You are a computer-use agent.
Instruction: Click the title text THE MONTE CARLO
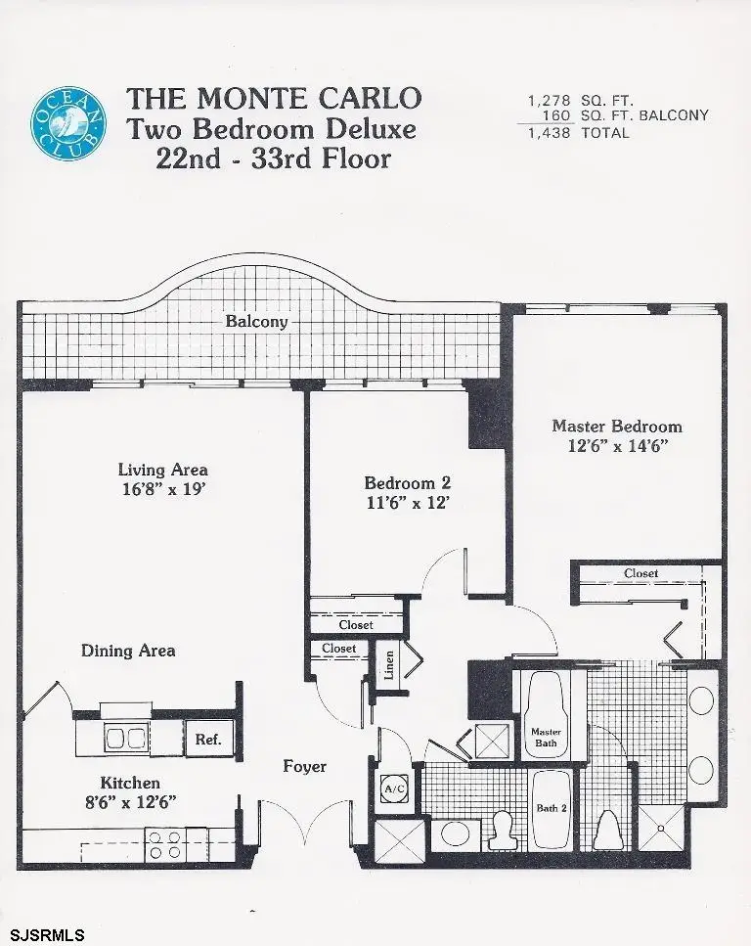[x=275, y=99]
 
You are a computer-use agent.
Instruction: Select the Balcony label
[x=256, y=321]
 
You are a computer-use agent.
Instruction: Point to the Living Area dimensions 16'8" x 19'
[x=162, y=490]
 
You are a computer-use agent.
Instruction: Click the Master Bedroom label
[x=617, y=426]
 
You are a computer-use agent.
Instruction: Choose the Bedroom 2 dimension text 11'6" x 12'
[x=407, y=504]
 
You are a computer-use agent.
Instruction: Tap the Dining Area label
[x=128, y=651]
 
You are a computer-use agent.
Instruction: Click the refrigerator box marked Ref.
[x=207, y=740]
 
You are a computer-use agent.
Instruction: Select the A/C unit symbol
[x=394, y=788]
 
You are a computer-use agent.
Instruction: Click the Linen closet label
[x=388, y=665]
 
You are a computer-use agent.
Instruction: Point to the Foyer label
[x=305, y=766]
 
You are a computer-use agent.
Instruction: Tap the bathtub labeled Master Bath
[x=545, y=714]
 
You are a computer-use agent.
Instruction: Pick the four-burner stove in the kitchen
[x=162, y=844]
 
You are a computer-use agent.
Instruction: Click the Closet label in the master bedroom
[x=641, y=573]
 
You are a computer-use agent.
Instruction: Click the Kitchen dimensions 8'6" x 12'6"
[x=131, y=802]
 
